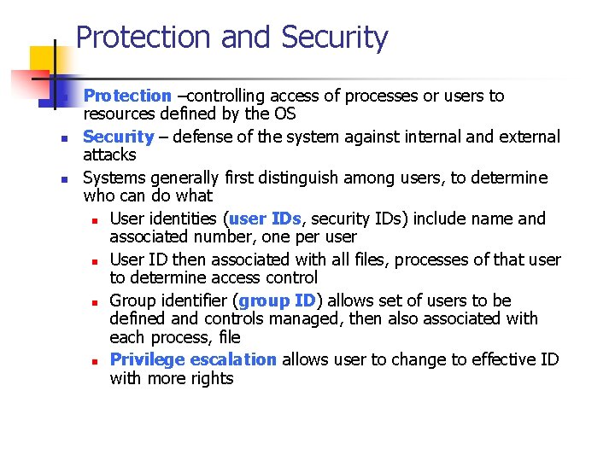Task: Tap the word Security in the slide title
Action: pyautogui.click(x=334, y=38)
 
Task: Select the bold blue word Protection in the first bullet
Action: pyautogui.click(x=127, y=96)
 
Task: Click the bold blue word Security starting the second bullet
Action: pyautogui.click(x=119, y=137)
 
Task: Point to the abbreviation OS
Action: pyautogui.click(x=284, y=114)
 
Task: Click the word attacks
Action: pyautogui.click(x=109, y=155)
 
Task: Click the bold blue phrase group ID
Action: pyautogui.click(x=278, y=301)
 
